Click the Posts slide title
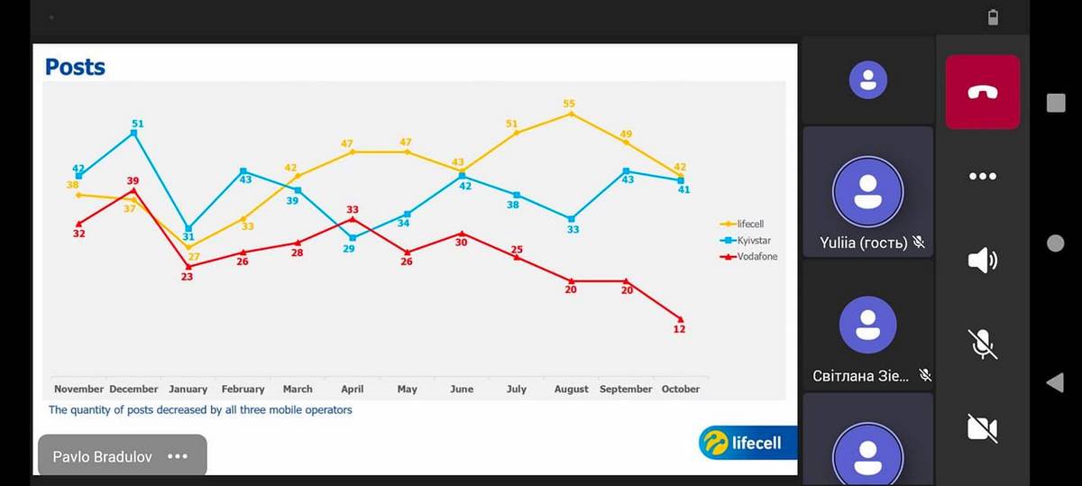[x=75, y=67]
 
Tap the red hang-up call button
[x=982, y=92]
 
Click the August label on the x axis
[x=571, y=390]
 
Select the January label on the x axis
[x=188, y=390]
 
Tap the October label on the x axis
[x=681, y=390]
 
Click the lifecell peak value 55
[x=569, y=104]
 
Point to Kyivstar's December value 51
[x=138, y=124]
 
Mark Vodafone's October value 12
[x=679, y=329]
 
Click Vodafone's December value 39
[x=133, y=181]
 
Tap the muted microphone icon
[x=982, y=344]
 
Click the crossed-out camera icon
[x=982, y=428]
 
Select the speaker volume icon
[x=982, y=261]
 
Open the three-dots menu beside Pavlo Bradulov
[x=178, y=456]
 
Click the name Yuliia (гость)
[x=864, y=243]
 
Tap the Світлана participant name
[x=860, y=376]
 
